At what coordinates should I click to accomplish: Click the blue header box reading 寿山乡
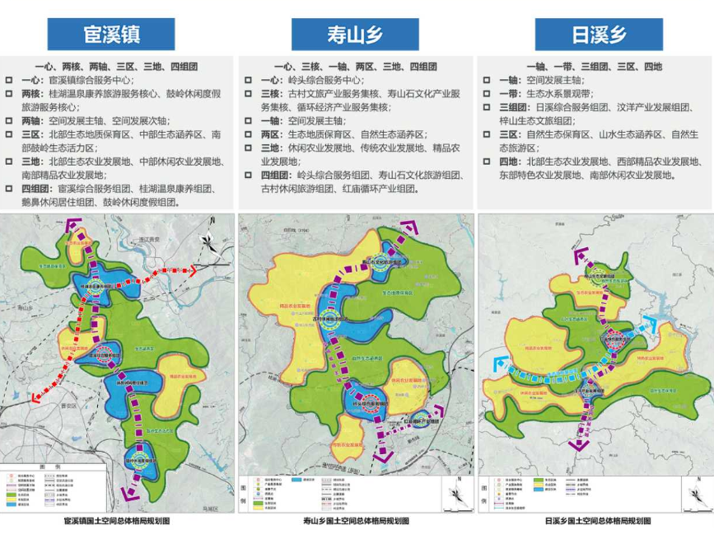tap(355, 35)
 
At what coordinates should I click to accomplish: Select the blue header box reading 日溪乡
tap(599, 35)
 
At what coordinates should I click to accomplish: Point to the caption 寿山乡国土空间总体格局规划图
tap(355, 521)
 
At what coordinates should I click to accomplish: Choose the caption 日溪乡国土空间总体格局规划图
tap(597, 521)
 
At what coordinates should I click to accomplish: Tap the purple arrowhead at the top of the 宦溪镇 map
tap(75, 224)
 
